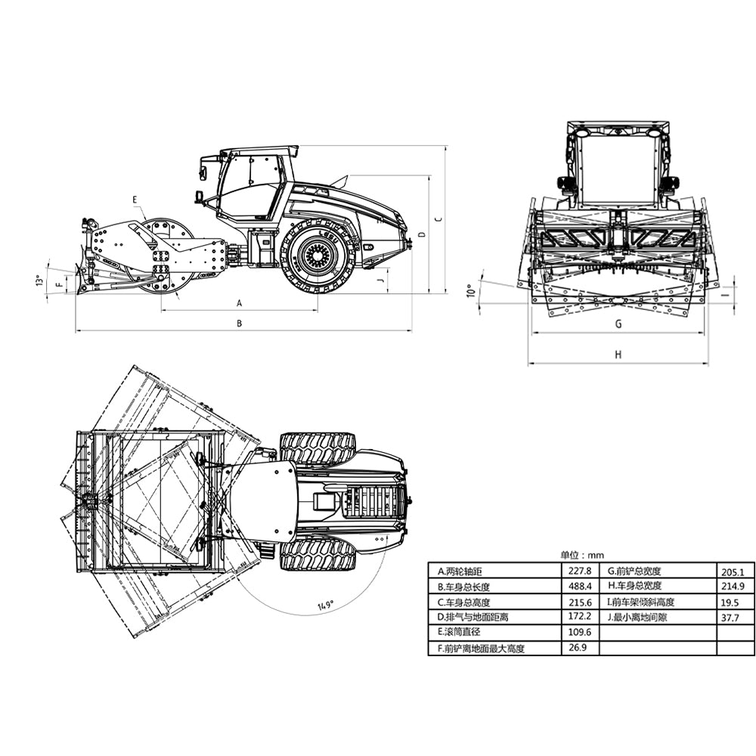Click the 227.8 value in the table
point(578,572)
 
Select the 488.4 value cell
point(578,587)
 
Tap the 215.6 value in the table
point(578,602)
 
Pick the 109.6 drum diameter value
point(578,632)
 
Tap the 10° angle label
point(470,291)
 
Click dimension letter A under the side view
point(240,303)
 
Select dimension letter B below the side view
point(240,324)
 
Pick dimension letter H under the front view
point(618,355)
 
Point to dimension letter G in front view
point(618,324)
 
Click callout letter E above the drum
point(135,200)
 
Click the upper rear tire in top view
point(318,448)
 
